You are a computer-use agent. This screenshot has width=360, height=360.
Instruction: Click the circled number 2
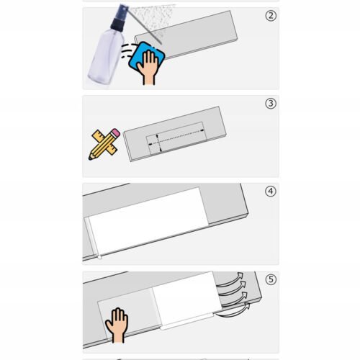(271, 16)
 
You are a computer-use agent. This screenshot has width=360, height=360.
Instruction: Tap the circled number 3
(271, 104)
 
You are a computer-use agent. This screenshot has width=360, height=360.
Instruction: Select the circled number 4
(271, 192)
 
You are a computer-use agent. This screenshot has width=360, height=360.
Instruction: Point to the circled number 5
(271, 279)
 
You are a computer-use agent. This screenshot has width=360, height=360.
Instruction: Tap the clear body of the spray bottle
(107, 56)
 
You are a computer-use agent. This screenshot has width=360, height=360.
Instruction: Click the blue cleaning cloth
(146, 57)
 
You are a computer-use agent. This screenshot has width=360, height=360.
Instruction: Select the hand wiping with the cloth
(148, 68)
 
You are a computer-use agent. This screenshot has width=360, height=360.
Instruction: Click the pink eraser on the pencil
(116, 132)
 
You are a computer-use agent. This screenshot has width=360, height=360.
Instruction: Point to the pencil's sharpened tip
(90, 158)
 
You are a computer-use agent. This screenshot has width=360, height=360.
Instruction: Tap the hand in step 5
(117, 325)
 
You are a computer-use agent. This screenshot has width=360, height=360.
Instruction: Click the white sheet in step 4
(148, 221)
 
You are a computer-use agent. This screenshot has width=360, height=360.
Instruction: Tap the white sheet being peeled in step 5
(186, 299)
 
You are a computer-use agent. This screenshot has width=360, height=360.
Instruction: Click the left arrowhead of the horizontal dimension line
(150, 144)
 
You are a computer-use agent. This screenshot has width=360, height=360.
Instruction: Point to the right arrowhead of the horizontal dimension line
(202, 130)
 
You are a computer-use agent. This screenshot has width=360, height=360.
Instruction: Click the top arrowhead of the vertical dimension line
(158, 135)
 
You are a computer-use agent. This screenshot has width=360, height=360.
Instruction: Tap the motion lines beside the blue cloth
(127, 51)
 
